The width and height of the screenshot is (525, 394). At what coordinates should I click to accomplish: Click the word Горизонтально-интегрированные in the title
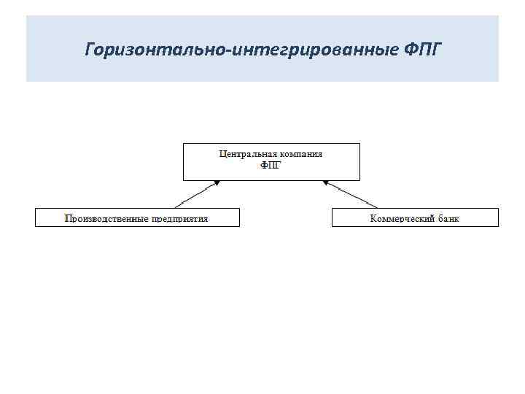[x=241, y=50]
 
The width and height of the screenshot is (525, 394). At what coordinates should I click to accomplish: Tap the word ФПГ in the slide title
[x=421, y=50]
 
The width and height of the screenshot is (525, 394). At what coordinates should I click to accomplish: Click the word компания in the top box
[x=300, y=154]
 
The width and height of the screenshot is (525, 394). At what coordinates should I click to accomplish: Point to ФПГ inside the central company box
[x=271, y=165]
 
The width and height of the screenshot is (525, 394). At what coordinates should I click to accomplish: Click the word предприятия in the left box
[x=181, y=217]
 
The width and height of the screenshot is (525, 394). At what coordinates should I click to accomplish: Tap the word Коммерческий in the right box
[x=402, y=217]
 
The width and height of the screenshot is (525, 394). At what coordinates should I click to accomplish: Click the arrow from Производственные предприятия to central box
[x=196, y=194]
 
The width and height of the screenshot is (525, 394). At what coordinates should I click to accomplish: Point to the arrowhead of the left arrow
[x=216, y=182]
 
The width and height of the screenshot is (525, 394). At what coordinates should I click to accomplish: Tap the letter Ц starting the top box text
[x=222, y=154]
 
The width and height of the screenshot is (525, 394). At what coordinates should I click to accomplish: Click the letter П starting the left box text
[x=68, y=217]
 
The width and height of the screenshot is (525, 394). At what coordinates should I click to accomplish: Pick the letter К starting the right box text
[x=373, y=217]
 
